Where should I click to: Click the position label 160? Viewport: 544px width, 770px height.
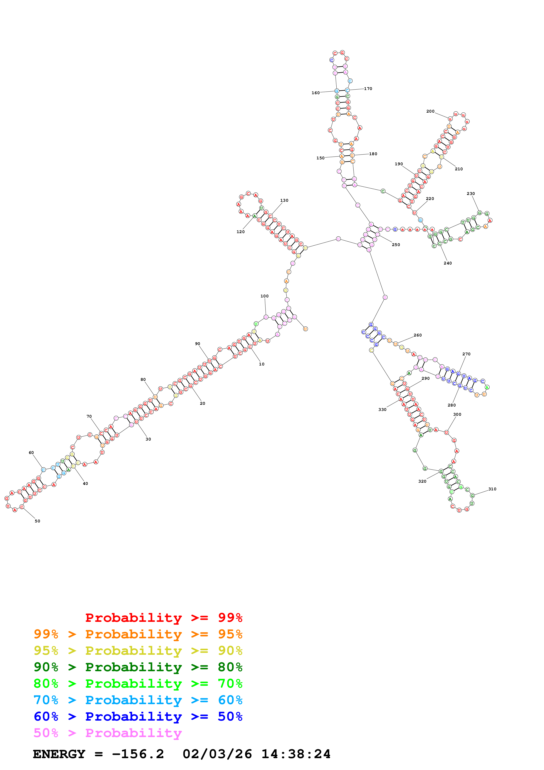point(315,93)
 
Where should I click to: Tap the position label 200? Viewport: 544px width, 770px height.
point(430,111)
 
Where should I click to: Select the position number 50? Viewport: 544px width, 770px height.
point(38,521)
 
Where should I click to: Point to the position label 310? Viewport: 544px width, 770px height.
point(492,489)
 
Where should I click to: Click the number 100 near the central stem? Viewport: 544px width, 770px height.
point(264,296)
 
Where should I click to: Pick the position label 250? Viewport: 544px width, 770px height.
point(396,245)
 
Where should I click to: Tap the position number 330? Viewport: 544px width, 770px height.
point(382,410)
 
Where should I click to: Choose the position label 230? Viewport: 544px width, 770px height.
point(470,194)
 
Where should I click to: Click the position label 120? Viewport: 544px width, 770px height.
point(240,232)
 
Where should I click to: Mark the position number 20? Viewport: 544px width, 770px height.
point(203,403)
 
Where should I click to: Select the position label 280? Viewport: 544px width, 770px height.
point(451,405)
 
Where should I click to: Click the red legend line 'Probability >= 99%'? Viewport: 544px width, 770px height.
point(163,618)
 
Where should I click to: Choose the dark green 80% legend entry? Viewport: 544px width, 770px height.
point(138,667)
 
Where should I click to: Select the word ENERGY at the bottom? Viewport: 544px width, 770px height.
point(59,754)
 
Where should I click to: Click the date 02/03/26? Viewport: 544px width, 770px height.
point(217,754)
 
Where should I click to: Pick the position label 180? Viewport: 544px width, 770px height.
point(373,154)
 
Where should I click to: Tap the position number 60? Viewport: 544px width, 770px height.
point(31,453)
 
